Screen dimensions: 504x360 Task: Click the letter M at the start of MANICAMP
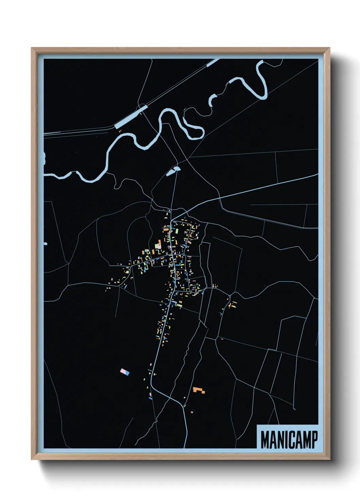(265, 440)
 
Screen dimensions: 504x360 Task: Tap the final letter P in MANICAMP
(314, 440)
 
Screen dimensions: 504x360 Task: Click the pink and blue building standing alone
(125, 372)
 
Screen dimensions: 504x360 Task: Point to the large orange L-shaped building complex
(198, 390)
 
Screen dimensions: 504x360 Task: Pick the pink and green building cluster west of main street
(158, 245)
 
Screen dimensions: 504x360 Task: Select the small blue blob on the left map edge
(45, 244)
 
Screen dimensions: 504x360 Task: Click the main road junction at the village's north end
(172, 218)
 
